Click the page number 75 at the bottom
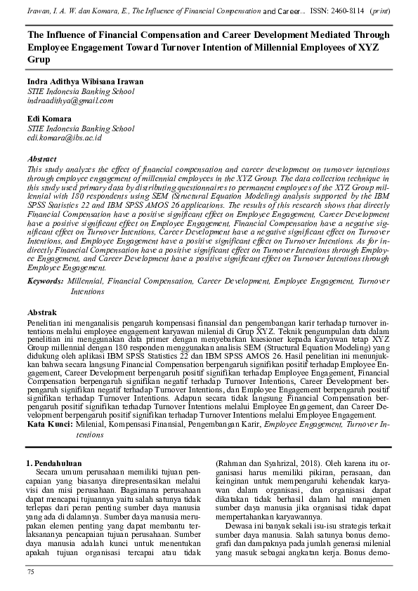pos(30,573)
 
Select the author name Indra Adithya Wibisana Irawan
pos(85,81)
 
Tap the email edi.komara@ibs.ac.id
pos(65,139)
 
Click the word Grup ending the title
pos(39,60)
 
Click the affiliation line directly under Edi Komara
pos(81,129)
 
